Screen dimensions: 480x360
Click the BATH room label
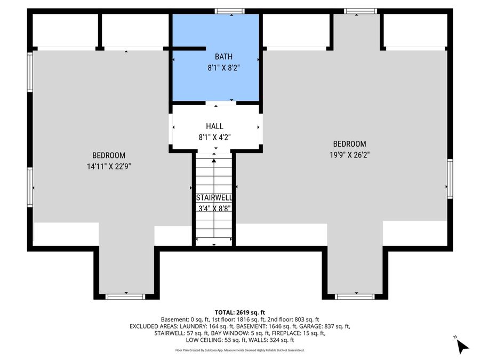tap(223, 57)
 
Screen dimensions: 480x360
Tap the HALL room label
tap(214, 126)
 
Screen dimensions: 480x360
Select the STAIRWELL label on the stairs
tap(214, 197)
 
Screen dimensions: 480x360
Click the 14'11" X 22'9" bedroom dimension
tap(109, 166)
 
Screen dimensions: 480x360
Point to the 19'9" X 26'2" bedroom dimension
tap(349, 155)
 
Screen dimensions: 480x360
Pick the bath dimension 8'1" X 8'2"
tap(223, 68)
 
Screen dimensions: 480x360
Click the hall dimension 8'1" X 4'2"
tap(214, 137)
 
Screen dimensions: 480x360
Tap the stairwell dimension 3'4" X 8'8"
tap(214, 209)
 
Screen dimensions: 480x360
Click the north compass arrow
tap(462, 346)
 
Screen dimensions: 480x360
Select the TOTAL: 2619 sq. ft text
tap(239, 313)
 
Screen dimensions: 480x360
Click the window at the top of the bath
tap(229, 11)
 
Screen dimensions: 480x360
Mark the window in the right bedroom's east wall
tap(450, 179)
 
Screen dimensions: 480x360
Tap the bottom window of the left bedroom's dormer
tap(125, 297)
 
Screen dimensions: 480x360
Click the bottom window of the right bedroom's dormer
tap(355, 297)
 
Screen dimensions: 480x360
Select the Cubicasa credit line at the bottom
tap(239, 350)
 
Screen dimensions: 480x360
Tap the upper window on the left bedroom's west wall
tap(30, 72)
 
